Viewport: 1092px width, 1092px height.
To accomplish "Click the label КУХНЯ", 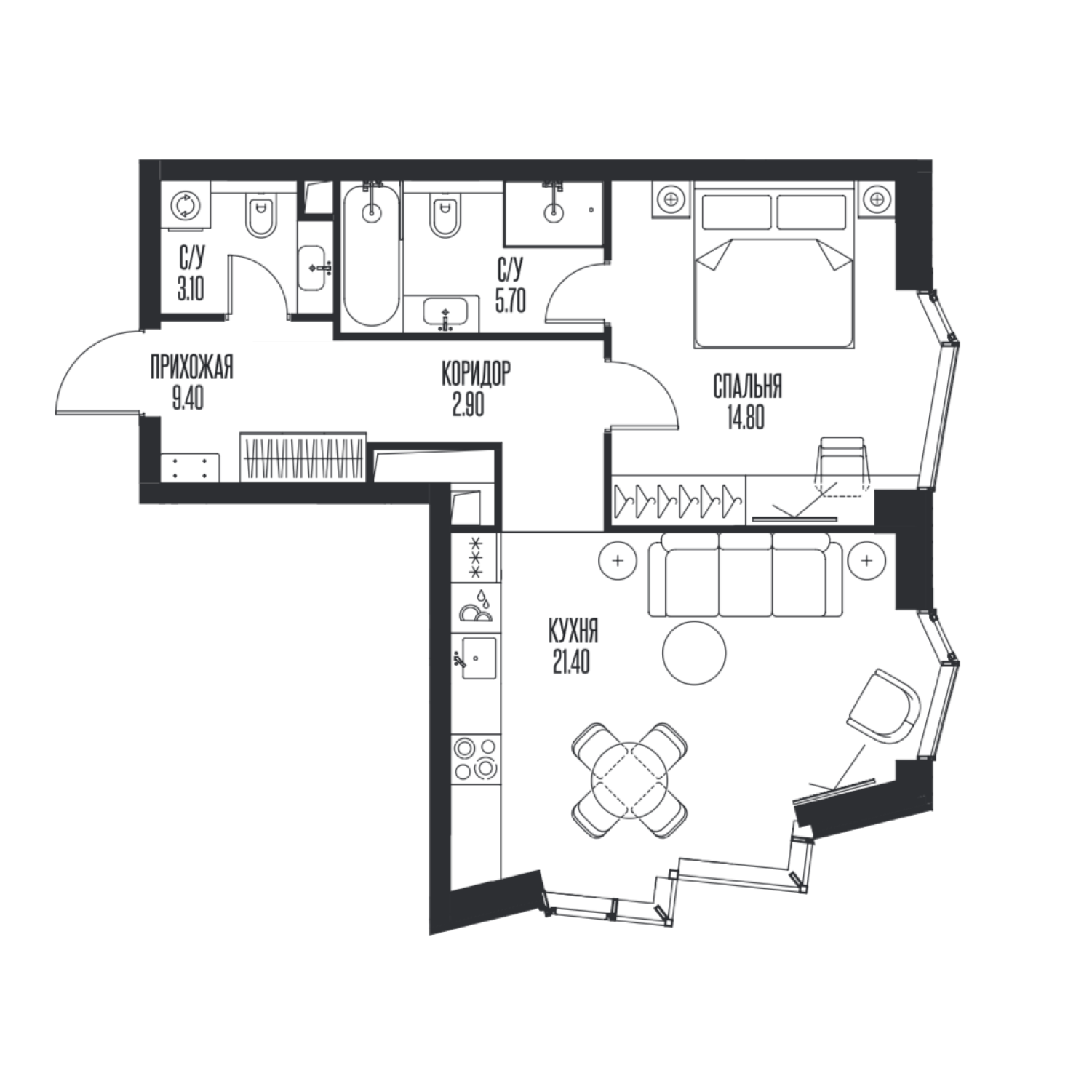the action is click(574, 632).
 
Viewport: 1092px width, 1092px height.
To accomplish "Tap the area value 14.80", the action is click(745, 420).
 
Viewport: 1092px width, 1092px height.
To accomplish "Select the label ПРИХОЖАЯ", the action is click(191, 369).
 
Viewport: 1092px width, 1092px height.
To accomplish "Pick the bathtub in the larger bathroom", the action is click(372, 255).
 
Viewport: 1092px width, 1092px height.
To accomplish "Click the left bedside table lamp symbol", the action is click(671, 197).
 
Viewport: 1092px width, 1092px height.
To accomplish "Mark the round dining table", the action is click(630, 778).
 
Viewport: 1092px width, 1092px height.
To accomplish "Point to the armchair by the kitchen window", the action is click(885, 707).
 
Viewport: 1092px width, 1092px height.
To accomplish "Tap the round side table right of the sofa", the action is click(866, 561).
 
